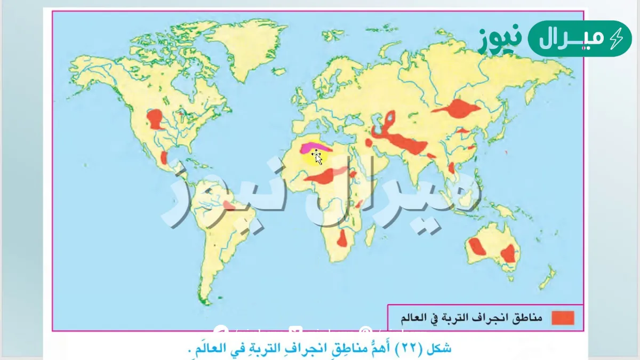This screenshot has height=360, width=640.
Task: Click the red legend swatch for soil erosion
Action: pos(563,318)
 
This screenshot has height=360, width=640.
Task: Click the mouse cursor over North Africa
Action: pos(317,157)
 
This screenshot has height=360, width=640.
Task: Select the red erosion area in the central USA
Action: pos(155,118)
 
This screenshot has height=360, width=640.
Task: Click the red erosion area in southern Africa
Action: pos(342,239)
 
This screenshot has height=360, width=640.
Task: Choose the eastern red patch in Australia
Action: pos(509,253)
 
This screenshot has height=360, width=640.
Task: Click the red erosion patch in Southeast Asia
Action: pos(452,168)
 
